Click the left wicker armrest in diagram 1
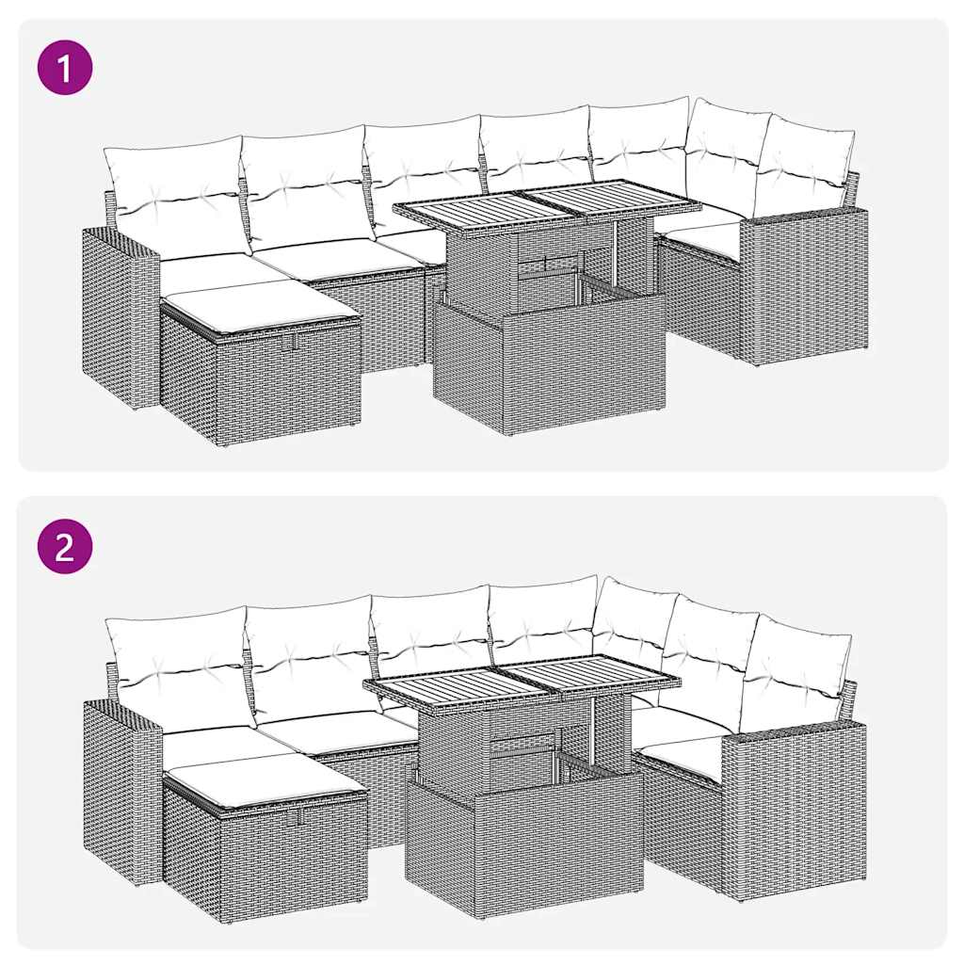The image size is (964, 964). tap(118, 315)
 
